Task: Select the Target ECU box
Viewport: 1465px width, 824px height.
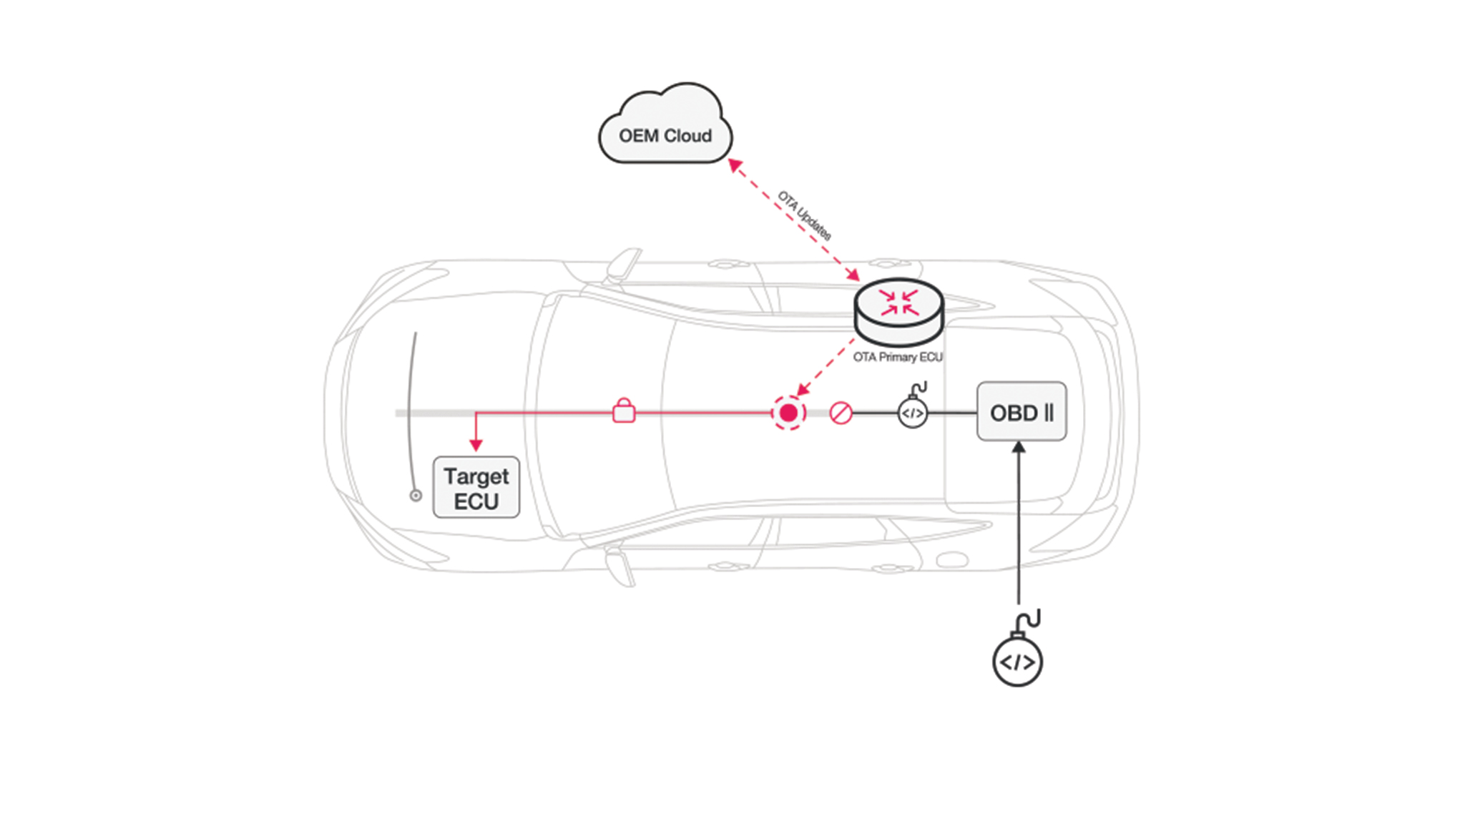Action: click(x=476, y=488)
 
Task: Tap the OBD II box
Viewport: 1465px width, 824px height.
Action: click(x=1021, y=412)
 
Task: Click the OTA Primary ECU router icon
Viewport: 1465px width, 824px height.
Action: click(x=899, y=311)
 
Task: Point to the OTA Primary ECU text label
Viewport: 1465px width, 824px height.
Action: click(x=898, y=357)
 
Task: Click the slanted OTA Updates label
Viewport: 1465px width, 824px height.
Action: click(x=805, y=215)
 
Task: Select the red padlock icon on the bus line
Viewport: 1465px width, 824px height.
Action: click(x=624, y=411)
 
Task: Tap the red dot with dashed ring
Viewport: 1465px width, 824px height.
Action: click(x=788, y=413)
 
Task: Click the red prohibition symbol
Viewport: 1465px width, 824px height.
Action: click(x=841, y=413)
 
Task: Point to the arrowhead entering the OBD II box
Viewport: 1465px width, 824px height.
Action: click(x=1019, y=448)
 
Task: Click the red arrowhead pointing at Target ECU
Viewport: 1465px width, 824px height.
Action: click(x=476, y=445)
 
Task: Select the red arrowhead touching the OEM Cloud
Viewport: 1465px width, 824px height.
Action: click(x=735, y=165)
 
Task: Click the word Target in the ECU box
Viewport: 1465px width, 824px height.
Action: click(x=476, y=476)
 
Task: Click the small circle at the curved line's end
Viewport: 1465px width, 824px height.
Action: click(x=416, y=495)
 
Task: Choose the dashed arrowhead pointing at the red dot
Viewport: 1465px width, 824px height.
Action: click(x=803, y=389)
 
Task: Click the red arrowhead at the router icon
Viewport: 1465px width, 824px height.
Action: click(x=853, y=275)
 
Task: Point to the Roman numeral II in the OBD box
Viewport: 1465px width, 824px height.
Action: click(x=1049, y=413)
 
